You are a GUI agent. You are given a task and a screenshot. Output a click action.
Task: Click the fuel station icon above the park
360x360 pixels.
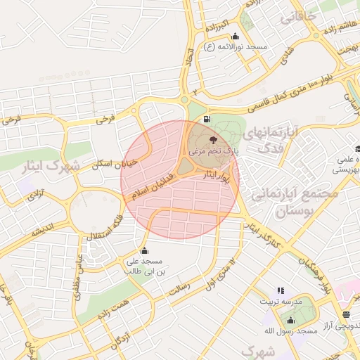point(205,119)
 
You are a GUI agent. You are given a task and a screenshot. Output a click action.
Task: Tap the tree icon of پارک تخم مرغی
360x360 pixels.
point(214,140)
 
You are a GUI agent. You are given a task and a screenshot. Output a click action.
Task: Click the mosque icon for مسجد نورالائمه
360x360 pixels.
point(235,37)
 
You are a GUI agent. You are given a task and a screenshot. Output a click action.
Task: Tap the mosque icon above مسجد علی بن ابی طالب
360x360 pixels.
point(145,251)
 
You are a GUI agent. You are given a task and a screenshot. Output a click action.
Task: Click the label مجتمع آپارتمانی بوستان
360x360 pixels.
point(295,200)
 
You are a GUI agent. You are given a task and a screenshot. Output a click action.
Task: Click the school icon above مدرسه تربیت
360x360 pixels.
point(281,290)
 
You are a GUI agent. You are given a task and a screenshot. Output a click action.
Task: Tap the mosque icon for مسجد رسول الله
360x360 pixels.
point(290,321)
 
